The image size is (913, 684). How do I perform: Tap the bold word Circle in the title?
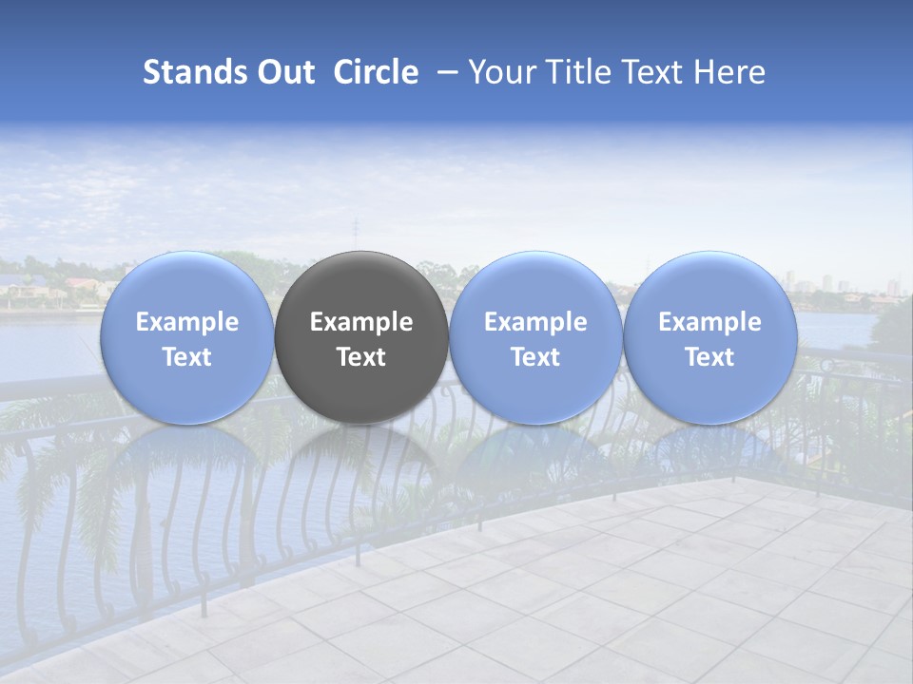click(x=376, y=73)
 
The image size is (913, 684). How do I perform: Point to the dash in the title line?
click(x=444, y=73)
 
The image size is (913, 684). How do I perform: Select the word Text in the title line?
click(x=648, y=73)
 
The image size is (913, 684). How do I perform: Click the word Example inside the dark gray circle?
click(x=361, y=322)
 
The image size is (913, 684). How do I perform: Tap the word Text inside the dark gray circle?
click(x=361, y=357)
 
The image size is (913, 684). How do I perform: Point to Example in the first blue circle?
click(x=186, y=322)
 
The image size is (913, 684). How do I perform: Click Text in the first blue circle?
click(x=186, y=357)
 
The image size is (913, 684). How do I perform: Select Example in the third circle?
click(x=535, y=322)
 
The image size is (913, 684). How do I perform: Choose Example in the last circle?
click(x=709, y=322)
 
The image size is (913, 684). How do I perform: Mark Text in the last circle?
click(x=709, y=357)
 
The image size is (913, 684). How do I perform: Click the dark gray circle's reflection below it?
click(x=361, y=465)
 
